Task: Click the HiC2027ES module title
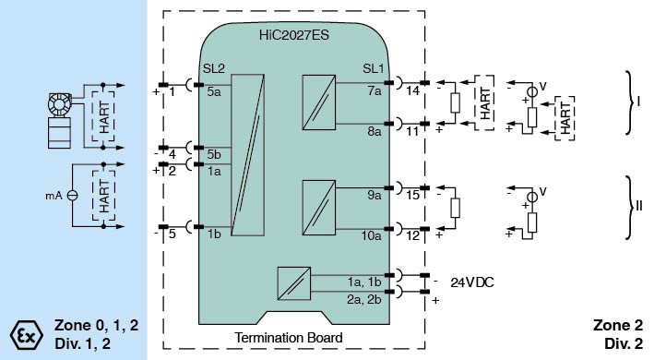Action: pos(294,34)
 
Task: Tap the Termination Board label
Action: pos(288,337)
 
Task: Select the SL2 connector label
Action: pos(214,68)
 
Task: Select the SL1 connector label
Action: pos(373,68)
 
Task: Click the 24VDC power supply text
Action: pos(472,282)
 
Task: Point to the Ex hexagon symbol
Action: pos(26,335)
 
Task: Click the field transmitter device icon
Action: pos(60,121)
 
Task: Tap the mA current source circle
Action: pos(73,195)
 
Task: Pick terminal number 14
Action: pos(413,90)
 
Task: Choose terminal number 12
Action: pos(413,235)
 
